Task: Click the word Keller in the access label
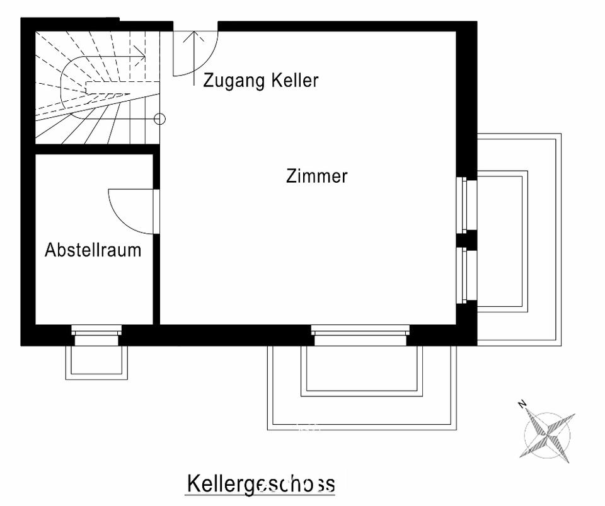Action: pyautogui.click(x=295, y=80)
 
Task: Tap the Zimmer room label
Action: pyautogui.click(x=317, y=176)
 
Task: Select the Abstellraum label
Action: pyautogui.click(x=93, y=250)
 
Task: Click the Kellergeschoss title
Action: pyautogui.click(x=261, y=484)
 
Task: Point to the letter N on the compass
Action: pyautogui.click(x=522, y=405)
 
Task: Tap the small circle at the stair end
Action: pyautogui.click(x=159, y=119)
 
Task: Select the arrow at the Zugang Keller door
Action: pyautogui.click(x=193, y=58)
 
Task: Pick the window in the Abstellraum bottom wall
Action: pyautogui.click(x=96, y=335)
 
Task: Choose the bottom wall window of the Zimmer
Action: pyautogui.click(x=360, y=335)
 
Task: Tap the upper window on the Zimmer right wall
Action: pyautogui.click(x=466, y=204)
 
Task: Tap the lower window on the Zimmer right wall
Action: pyautogui.click(x=466, y=275)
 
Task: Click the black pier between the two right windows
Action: pyautogui.click(x=466, y=239)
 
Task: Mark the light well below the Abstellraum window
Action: pyautogui.click(x=96, y=362)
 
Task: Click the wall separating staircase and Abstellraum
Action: pyautogui.click(x=97, y=149)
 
